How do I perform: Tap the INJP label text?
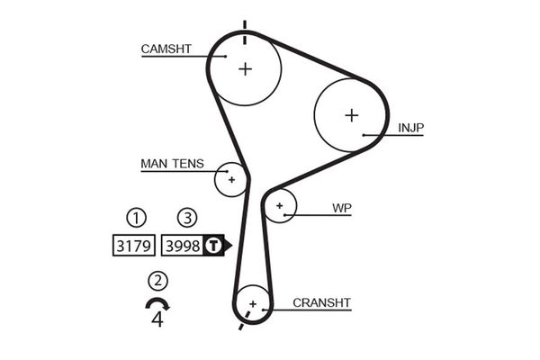(x=410, y=129)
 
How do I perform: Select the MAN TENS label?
(x=172, y=165)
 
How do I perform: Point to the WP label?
(x=342, y=209)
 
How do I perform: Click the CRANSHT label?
(x=322, y=303)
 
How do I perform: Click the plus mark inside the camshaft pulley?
(x=246, y=68)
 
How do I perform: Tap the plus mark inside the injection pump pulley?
(x=351, y=114)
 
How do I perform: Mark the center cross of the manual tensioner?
(x=231, y=179)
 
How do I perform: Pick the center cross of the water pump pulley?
(x=281, y=207)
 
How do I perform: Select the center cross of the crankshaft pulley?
(x=253, y=303)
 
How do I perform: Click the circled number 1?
(x=135, y=218)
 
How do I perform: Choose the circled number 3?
(x=186, y=218)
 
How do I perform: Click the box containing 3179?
(x=134, y=245)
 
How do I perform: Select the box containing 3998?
(x=183, y=245)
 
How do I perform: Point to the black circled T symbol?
(x=212, y=245)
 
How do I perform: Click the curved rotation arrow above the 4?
(x=157, y=303)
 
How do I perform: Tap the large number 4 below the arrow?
(x=158, y=319)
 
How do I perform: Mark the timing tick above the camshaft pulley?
(x=243, y=24)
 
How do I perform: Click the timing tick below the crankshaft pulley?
(x=240, y=324)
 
